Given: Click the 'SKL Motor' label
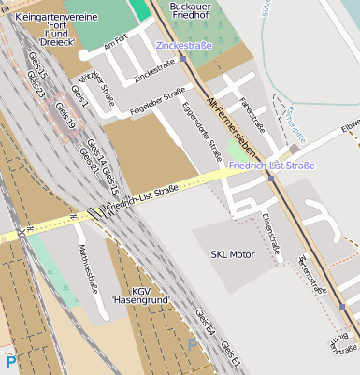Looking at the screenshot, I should (x=232, y=254).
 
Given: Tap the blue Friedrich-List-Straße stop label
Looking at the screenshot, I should (x=272, y=166).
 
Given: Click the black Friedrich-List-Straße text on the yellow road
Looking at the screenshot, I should (x=142, y=197).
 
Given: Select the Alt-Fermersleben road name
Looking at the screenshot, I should (x=231, y=123).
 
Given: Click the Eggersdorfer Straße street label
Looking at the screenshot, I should (x=202, y=131).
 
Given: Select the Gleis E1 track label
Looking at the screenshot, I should (x=230, y=353).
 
